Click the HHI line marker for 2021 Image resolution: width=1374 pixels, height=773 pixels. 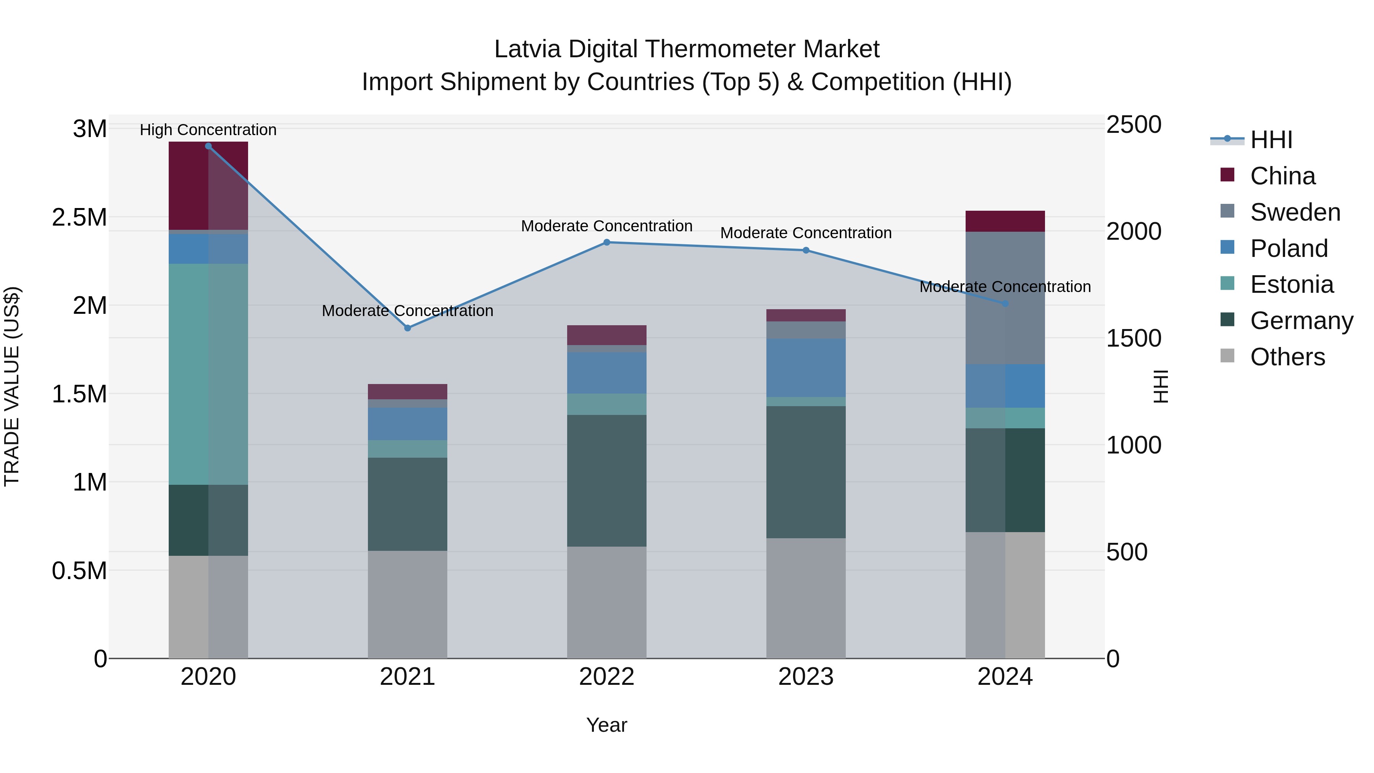408,328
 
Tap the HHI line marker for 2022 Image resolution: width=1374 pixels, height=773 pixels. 606,242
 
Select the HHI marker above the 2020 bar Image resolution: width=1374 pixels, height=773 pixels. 208,146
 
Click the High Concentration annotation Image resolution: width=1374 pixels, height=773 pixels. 208,130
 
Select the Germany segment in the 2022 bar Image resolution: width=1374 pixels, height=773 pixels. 606,480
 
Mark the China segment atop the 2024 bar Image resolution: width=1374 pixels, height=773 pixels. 1005,221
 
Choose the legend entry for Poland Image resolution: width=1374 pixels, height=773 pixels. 1289,249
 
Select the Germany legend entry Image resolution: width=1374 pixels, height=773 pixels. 1301,321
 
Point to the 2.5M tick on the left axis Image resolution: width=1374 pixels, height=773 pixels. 79,218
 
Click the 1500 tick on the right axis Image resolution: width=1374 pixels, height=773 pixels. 1134,338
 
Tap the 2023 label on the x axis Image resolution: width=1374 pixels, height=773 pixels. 805,677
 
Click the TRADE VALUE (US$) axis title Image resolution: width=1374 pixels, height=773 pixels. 12,386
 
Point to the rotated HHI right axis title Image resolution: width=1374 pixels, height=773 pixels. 1161,386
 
